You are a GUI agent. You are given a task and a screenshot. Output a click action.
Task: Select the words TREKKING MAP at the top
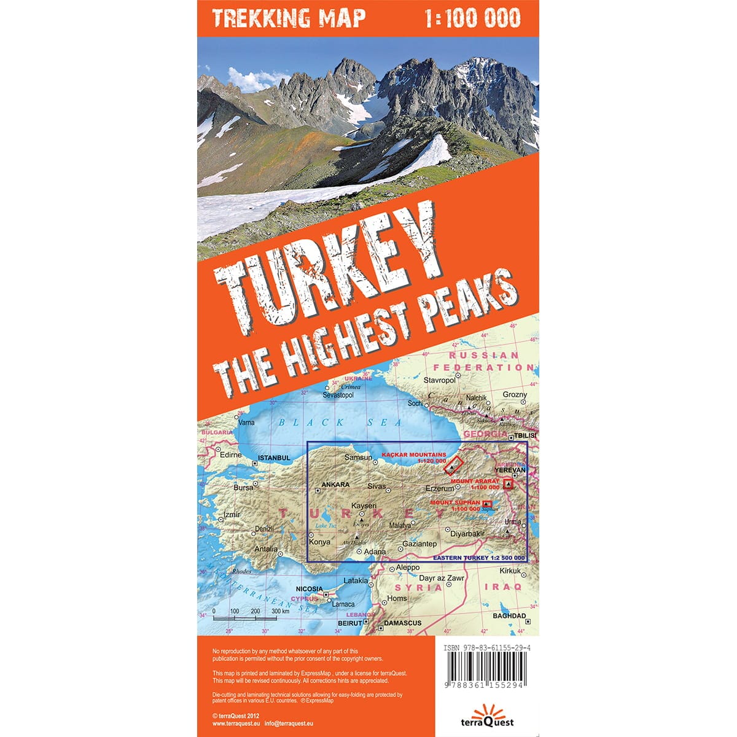[289, 18]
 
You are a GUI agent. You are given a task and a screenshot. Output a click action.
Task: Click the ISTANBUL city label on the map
[274, 458]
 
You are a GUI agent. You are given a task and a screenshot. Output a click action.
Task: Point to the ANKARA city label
[335, 485]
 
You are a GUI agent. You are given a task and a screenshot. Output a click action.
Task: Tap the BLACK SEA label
[340, 423]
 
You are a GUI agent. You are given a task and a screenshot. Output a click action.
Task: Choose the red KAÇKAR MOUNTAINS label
[414, 454]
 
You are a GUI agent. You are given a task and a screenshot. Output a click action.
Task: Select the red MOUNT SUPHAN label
[455, 502]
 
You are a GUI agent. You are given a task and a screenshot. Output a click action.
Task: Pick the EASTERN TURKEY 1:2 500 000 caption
[479, 558]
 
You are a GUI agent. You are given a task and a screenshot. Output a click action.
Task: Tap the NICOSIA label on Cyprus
[309, 588]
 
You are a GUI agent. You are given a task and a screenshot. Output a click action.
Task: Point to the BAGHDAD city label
[510, 615]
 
